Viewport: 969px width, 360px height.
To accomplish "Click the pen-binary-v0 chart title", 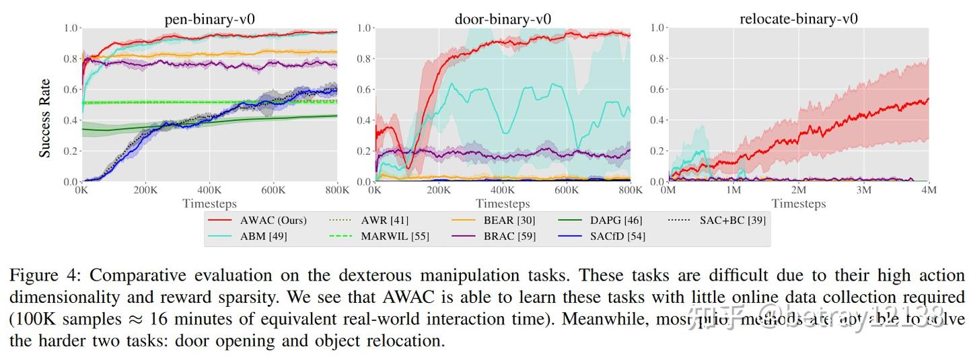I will coord(209,18).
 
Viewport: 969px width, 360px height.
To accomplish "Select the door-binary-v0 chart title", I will coord(503,18).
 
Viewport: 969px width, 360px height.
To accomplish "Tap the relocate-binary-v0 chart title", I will coord(798,18).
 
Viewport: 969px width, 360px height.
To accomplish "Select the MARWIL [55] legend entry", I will coord(395,236).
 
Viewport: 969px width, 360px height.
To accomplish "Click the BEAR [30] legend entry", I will coord(509,220).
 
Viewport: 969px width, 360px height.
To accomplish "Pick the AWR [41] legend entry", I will coord(385,220).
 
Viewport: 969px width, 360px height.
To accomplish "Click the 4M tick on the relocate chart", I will coord(928,191).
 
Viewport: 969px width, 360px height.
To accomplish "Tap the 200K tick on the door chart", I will coord(439,191).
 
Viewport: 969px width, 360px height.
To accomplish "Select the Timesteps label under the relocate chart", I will coord(798,203).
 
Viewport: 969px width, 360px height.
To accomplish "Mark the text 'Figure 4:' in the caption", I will coord(44,276).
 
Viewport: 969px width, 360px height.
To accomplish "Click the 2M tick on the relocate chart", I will coord(798,191).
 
